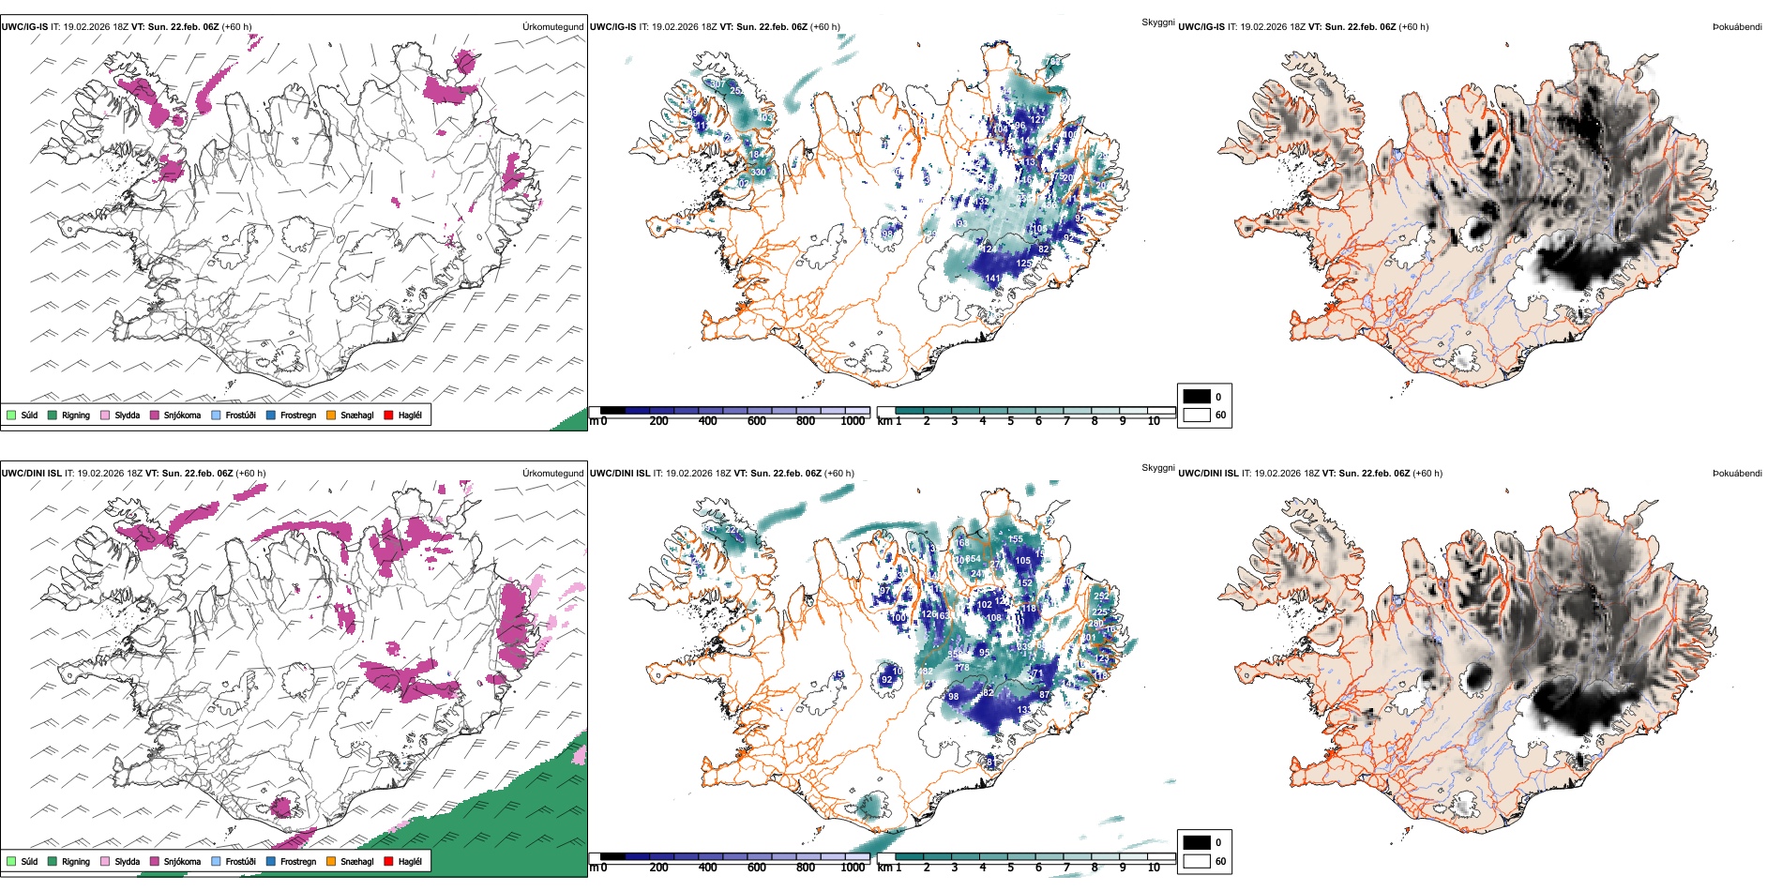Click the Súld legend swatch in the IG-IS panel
click(x=11, y=415)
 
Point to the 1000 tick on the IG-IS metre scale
click(x=853, y=421)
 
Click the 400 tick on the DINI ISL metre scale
click(x=707, y=868)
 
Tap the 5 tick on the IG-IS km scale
click(x=1010, y=421)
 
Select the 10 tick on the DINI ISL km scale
click(x=1154, y=868)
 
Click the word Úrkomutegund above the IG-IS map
click(x=552, y=27)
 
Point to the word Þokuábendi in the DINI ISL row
click(x=1737, y=474)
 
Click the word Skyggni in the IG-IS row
click(x=1157, y=23)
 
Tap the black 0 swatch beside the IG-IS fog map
click(x=1197, y=397)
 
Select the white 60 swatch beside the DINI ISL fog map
click(x=1197, y=861)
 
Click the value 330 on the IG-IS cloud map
click(x=758, y=173)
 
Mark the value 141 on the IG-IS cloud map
click(x=992, y=279)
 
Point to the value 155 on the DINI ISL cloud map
click(x=1015, y=539)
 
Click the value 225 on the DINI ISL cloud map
click(x=1099, y=612)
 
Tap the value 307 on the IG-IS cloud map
click(x=716, y=83)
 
